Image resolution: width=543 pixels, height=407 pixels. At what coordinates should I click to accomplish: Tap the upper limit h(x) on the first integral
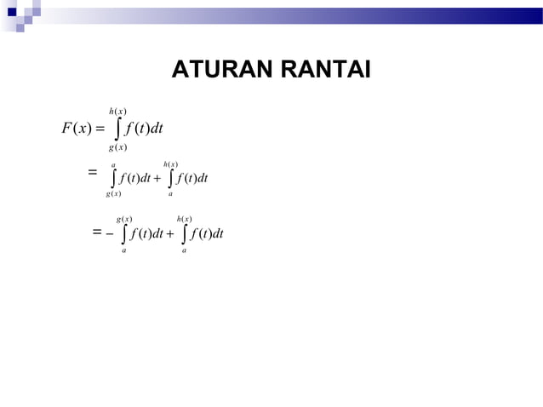pyautogui.click(x=118, y=112)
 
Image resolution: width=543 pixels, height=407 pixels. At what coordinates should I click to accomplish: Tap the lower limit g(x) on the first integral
pyautogui.click(x=117, y=148)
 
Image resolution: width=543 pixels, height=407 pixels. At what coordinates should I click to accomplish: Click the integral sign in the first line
pyautogui.click(x=117, y=130)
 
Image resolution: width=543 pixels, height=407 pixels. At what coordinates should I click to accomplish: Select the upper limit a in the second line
pyautogui.click(x=114, y=163)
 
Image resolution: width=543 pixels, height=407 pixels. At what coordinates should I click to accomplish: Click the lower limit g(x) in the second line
pyautogui.click(x=113, y=194)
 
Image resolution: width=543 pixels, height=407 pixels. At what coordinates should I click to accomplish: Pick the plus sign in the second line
pyautogui.click(x=157, y=179)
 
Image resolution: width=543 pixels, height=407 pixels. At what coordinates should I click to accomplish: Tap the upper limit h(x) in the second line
pyautogui.click(x=170, y=163)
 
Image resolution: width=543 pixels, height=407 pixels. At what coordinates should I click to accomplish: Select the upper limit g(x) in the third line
pyautogui.click(x=124, y=219)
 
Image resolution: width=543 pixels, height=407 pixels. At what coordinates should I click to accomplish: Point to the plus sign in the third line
pyautogui.click(x=170, y=233)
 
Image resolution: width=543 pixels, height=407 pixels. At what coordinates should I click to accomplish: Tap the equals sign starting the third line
pyautogui.click(x=97, y=231)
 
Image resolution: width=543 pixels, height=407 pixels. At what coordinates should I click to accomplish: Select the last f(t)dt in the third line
pyautogui.click(x=206, y=233)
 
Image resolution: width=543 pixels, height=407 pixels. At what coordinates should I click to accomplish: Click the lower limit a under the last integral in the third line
pyautogui.click(x=185, y=250)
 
